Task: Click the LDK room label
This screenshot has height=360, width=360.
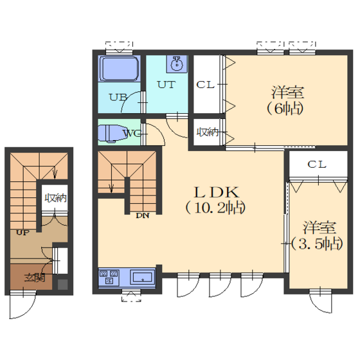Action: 217,192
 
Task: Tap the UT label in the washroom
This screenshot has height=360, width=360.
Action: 166,85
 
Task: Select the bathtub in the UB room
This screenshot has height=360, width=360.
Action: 120,68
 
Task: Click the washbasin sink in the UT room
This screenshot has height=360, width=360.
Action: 177,64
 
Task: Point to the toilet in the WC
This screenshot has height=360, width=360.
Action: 112,134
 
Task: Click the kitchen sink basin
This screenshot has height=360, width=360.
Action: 142,277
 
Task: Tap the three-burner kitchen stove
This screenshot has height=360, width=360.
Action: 109,277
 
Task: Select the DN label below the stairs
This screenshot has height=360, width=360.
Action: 143,215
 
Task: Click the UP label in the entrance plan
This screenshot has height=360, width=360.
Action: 22,233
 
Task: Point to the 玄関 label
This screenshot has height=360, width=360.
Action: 35,278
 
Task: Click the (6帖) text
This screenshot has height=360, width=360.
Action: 285,108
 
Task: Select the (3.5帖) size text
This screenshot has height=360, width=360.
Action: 318,244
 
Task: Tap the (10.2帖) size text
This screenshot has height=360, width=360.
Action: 215,208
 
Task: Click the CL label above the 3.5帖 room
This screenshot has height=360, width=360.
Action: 317,165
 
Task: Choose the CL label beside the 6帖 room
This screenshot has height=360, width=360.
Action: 206,85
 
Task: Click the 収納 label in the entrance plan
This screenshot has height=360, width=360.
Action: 55,198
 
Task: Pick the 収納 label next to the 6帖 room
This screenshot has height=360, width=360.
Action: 208,132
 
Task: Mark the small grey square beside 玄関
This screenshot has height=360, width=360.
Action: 62,284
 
